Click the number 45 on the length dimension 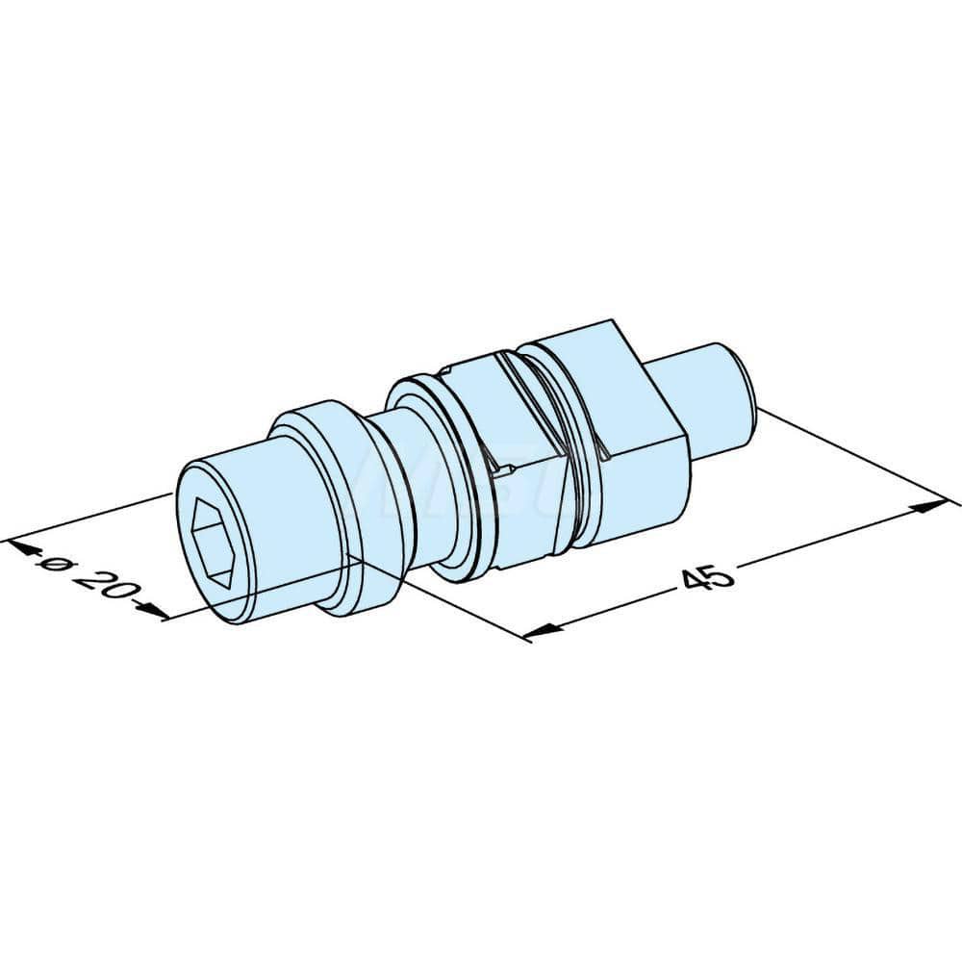pyautogui.click(x=707, y=577)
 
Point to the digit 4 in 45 pyautogui.click(x=695, y=582)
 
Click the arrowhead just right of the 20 pyautogui.click(x=152, y=607)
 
